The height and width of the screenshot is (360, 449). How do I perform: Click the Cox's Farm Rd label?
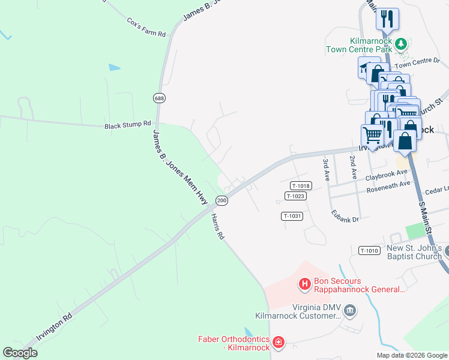pos(146,28)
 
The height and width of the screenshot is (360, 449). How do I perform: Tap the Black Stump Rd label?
pos(128,125)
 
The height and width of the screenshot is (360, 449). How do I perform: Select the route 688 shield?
pos(159,98)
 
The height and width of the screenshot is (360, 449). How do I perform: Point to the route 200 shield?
pos(221,200)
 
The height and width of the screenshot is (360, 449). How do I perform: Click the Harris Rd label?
pos(217,228)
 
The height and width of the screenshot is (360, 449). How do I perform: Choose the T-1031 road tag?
pos(291,216)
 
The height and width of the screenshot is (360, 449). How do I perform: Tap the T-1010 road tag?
pos(369,250)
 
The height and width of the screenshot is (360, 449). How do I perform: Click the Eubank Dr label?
pos(345,216)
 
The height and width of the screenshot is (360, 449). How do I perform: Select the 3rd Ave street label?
pos(327,170)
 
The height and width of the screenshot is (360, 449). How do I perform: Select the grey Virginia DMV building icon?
pos(351,310)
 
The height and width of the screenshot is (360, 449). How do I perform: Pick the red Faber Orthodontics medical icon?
pos(278,343)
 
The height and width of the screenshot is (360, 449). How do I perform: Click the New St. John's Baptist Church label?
pos(414,253)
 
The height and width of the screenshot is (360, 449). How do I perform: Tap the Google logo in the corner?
pos(20,353)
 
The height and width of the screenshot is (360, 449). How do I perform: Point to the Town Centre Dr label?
pos(417,61)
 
